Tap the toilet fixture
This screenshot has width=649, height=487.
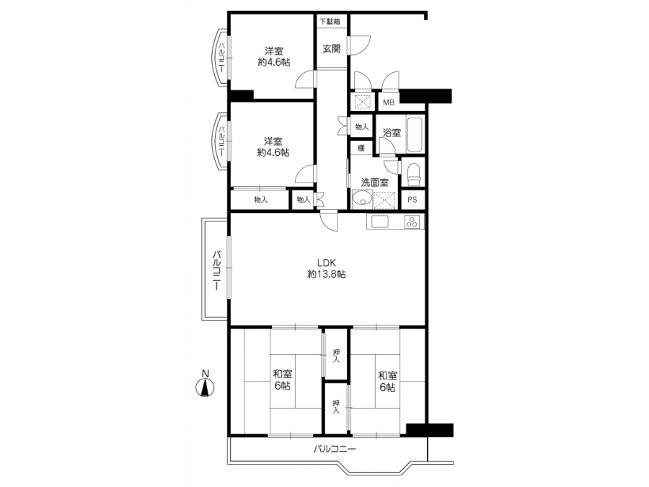[x=413, y=175]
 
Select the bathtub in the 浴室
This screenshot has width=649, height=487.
[x=415, y=135]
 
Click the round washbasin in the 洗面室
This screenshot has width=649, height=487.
[x=362, y=199]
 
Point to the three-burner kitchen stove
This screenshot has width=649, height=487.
[x=412, y=222]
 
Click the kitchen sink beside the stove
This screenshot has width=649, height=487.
[x=380, y=221]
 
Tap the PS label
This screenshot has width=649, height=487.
[x=412, y=200]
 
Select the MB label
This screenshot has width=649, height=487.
[x=389, y=102]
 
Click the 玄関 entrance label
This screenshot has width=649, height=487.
[x=332, y=48]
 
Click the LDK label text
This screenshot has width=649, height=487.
[x=326, y=263]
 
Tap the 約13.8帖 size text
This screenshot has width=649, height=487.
[x=327, y=274]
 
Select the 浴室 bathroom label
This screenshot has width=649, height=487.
[x=392, y=133]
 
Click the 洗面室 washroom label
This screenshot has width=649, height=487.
[x=374, y=183]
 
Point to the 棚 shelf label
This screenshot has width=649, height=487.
[x=361, y=148]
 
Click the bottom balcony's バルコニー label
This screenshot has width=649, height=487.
[x=335, y=449]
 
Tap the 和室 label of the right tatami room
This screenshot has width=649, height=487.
[x=388, y=376]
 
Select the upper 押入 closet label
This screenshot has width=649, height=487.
[x=336, y=356]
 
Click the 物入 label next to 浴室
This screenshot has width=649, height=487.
[x=362, y=127]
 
